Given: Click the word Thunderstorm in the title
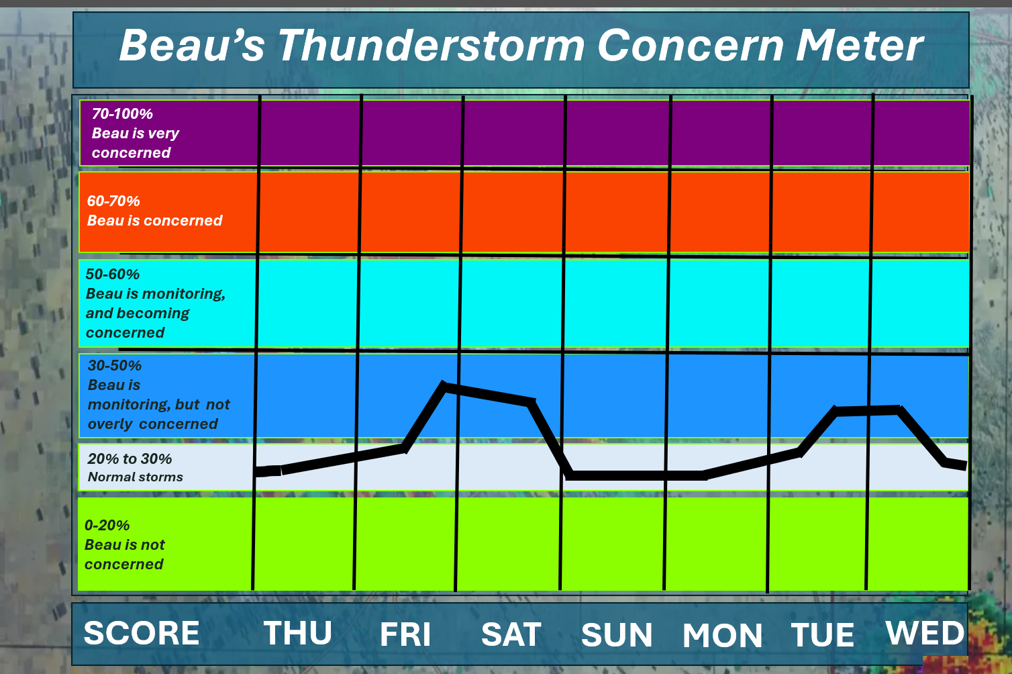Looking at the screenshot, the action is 431,45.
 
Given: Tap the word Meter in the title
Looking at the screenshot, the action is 859,45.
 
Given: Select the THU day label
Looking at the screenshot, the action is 298,633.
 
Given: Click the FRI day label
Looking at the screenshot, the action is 405,634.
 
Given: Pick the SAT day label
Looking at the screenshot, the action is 511,634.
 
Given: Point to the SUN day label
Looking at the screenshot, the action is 617,635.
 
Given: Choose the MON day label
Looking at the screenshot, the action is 722,636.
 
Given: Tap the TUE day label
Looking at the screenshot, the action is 822,634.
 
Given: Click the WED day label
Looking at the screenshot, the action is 925,633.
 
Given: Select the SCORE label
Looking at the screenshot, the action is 142,633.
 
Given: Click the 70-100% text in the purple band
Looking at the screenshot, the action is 122,114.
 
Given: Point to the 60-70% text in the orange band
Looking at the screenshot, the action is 113,201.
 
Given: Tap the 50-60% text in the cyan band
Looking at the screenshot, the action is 113,275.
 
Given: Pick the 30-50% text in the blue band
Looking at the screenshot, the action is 114,366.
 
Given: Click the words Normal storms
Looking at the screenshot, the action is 135,477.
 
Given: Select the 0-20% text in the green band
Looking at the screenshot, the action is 107,525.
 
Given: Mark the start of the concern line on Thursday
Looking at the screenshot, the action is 256,471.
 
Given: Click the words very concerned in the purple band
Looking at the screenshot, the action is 136,143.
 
